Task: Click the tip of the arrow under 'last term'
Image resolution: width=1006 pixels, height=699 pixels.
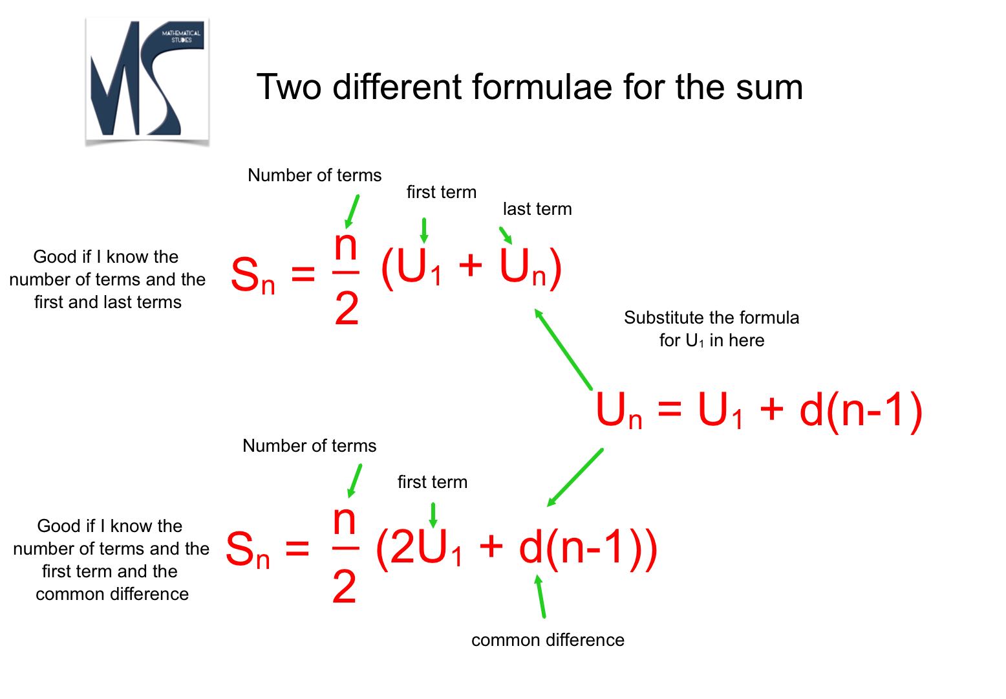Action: pos(511,243)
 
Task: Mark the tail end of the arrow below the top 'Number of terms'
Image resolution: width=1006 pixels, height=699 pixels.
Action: pos(358,195)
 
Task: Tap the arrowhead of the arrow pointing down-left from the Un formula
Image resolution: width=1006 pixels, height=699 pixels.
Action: pos(548,506)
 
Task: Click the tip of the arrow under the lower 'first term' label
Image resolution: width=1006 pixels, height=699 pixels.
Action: pos(433,527)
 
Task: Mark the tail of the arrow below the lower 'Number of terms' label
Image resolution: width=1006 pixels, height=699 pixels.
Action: pos(361,465)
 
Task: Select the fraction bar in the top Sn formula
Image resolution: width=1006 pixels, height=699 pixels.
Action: pos(346,272)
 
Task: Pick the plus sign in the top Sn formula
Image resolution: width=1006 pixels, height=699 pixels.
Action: pos(470,265)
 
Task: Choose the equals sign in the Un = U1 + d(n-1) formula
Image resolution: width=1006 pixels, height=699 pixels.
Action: pos(670,409)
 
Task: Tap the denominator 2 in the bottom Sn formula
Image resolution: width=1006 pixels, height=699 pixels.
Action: pos(345,586)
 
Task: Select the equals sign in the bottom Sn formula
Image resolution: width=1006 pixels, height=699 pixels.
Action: pos(297,548)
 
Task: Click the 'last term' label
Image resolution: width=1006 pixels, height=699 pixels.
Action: pos(537,209)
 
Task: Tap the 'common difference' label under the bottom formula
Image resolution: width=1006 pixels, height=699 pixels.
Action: pos(548,640)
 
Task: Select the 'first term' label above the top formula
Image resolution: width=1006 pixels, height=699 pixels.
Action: pos(442,192)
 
